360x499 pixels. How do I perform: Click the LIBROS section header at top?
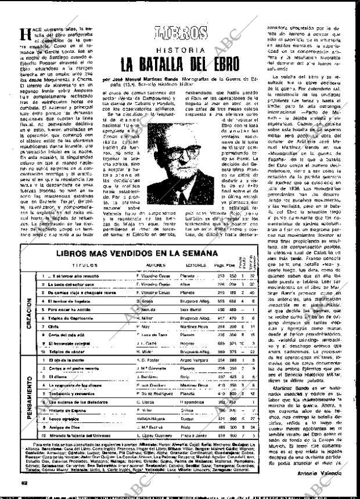point(182,32)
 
